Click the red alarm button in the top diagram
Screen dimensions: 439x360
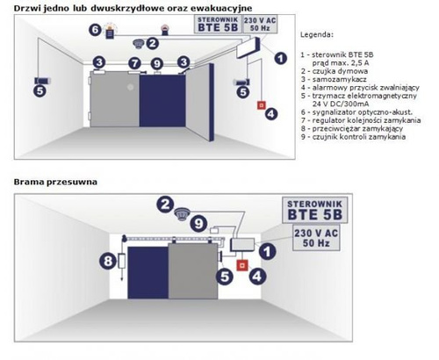(261, 105)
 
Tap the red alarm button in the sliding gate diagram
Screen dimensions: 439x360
(241, 265)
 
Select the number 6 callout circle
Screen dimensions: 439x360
(95, 30)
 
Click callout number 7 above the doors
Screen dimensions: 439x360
(134, 63)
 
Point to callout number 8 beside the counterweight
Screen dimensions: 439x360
(108, 261)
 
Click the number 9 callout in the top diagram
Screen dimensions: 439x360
(157, 63)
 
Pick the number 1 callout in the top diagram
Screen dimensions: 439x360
(281, 58)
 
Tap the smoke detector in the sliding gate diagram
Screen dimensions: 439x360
(182, 214)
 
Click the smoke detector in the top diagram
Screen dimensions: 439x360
(138, 43)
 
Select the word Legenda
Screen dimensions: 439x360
(317, 35)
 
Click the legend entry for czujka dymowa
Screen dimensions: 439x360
(335, 71)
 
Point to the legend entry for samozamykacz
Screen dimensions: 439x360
(334, 79)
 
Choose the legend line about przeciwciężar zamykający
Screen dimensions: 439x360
(352, 128)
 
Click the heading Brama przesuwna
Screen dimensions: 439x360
(55, 182)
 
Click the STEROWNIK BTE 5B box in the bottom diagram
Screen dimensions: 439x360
(315, 210)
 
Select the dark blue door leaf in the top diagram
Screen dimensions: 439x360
(162, 101)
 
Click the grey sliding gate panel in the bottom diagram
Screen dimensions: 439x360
(193, 271)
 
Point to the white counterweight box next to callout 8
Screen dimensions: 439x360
(122, 261)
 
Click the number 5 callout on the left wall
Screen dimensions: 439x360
(40, 91)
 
